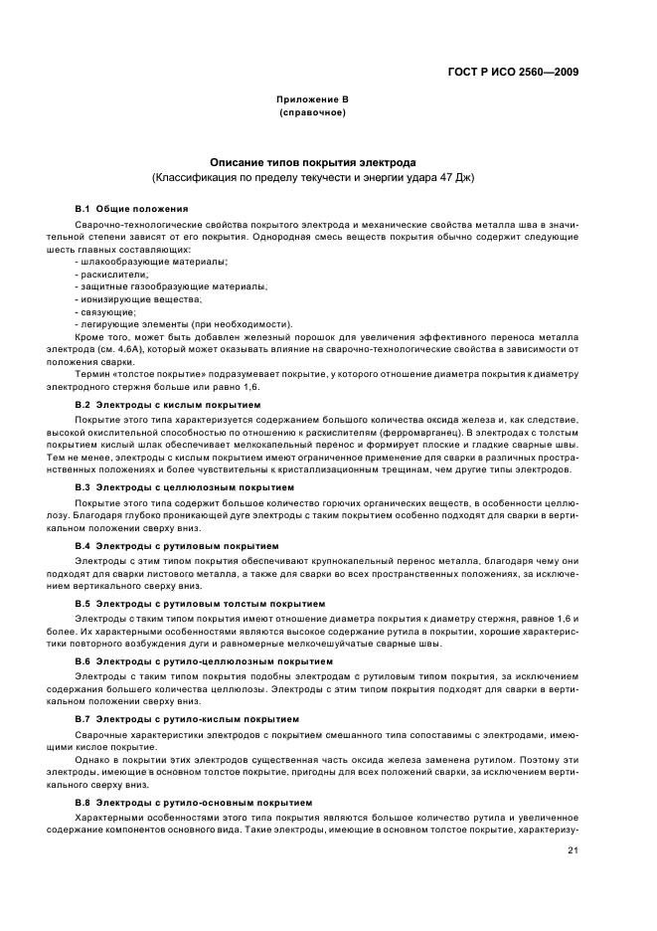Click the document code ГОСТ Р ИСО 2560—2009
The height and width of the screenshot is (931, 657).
coord(513,72)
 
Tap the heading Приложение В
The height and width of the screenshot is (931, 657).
coord(312,100)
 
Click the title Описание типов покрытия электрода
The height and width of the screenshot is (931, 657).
coord(312,162)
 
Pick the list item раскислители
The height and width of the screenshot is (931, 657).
coord(117,274)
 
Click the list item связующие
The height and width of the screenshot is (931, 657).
coord(111,311)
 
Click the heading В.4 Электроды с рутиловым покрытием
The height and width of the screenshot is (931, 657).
coord(177,546)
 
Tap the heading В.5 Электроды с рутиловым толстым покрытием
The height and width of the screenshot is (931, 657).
coord(200,604)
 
